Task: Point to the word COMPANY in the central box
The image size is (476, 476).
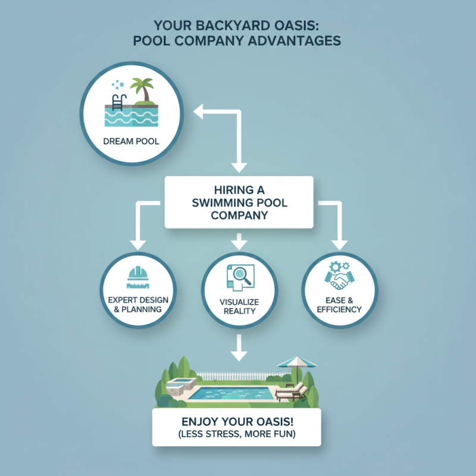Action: point(238,215)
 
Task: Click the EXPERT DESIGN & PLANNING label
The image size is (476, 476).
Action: point(138,303)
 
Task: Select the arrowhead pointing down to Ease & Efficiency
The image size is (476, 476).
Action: point(340,244)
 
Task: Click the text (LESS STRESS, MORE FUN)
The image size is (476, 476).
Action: point(237,434)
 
